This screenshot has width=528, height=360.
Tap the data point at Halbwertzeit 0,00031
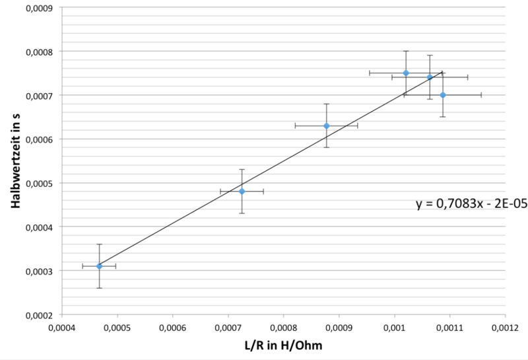pos(99,266)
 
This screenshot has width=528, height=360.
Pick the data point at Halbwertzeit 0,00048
pos(242,192)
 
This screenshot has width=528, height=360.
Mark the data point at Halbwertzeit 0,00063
pos(326,126)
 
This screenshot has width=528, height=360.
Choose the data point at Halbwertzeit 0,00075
pos(406,73)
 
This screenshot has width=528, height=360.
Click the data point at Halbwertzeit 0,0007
pos(443,95)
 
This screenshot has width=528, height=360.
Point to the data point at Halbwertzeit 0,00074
pos(430,77)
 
